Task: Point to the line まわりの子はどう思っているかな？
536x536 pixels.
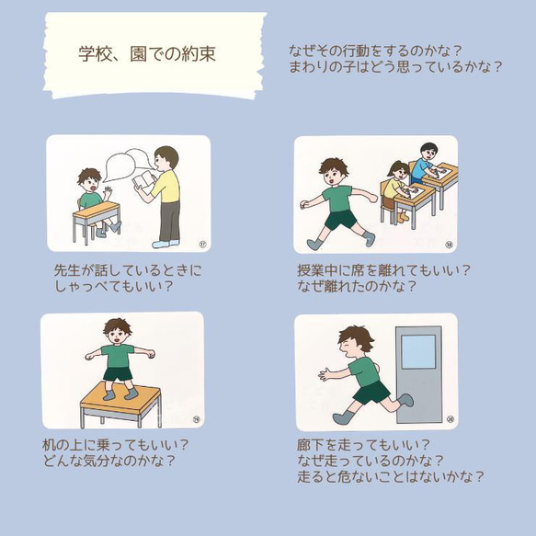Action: (x=394, y=66)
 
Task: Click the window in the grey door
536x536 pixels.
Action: (x=418, y=351)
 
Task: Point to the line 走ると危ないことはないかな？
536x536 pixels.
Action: (x=391, y=476)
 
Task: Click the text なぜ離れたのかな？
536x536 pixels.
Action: (x=358, y=286)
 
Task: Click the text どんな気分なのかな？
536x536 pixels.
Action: (x=109, y=460)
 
